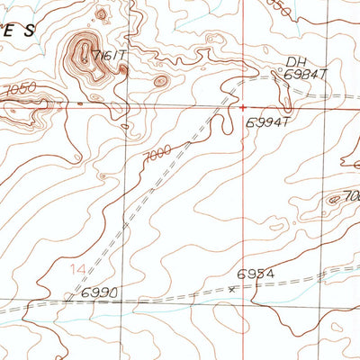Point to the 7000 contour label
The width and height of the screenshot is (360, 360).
pos(156,155)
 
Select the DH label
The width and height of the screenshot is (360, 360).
pos(295,62)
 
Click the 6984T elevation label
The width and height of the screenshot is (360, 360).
pos(302,76)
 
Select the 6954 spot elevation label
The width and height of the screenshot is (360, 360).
pos(255,274)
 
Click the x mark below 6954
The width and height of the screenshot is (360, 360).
pos(231,289)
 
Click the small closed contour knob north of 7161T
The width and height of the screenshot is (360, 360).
pos(100,14)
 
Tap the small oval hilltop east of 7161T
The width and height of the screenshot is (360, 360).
pos(160,81)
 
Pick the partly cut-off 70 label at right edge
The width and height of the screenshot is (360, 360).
pos(352,196)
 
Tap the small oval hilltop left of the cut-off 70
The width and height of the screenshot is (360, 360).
pos(335,199)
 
